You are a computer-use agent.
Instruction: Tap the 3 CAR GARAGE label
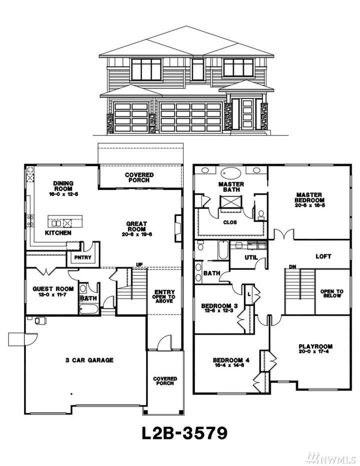click(89, 359)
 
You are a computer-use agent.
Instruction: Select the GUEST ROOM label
click(53, 288)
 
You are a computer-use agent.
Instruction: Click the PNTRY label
click(81, 257)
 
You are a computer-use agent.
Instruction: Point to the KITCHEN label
click(58, 233)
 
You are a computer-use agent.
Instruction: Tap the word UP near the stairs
click(140, 264)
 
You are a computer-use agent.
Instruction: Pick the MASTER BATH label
click(231, 187)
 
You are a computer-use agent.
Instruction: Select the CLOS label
click(229, 222)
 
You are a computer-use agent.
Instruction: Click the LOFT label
click(323, 256)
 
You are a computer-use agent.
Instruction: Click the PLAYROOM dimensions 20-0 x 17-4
click(315, 352)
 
